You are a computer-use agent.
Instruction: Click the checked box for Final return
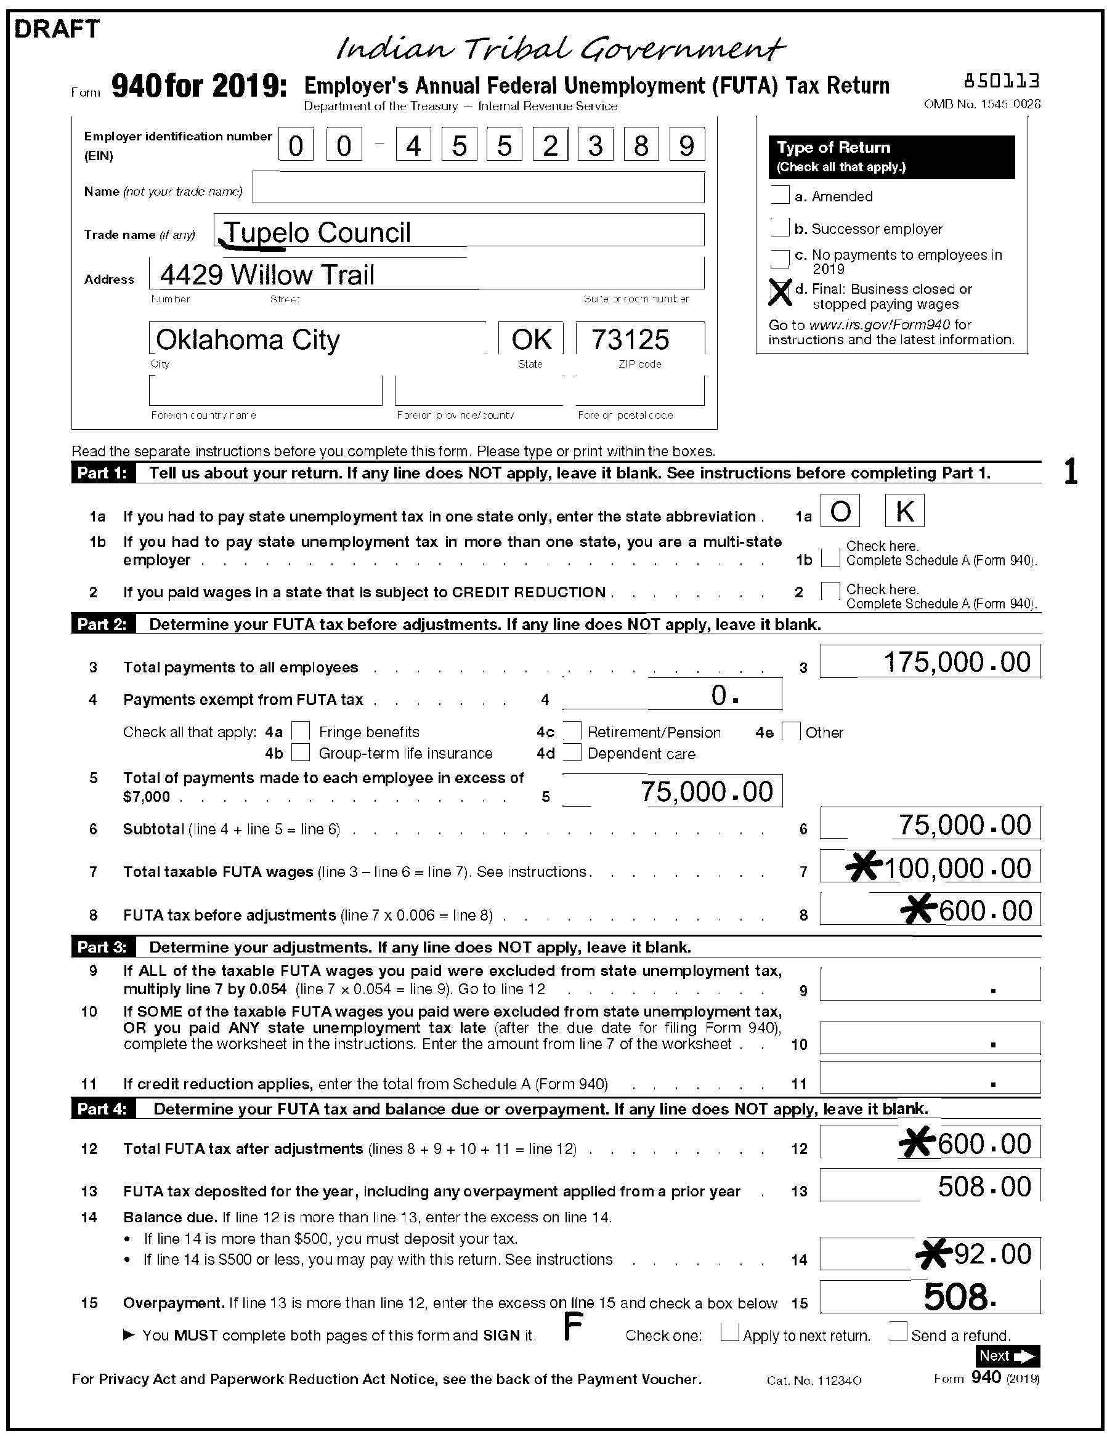pyautogui.click(x=780, y=292)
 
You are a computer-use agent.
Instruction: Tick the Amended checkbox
pyautogui.click(x=780, y=196)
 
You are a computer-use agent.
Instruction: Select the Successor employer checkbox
pyautogui.click(x=780, y=228)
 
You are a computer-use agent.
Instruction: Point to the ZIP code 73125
pyautogui.click(x=630, y=340)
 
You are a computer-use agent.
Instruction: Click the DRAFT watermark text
pyautogui.click(x=57, y=29)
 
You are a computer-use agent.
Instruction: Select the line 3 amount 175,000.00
pyautogui.click(x=956, y=662)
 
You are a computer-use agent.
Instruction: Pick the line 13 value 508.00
pyautogui.click(x=984, y=1187)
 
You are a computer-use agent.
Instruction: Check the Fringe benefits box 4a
pyautogui.click(x=301, y=731)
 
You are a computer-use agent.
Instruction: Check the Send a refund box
pyautogui.click(x=898, y=1332)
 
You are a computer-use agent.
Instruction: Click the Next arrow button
pyautogui.click(x=1007, y=1356)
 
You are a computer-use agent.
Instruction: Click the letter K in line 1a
pyautogui.click(x=904, y=511)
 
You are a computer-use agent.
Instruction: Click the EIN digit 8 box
pyautogui.click(x=641, y=145)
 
